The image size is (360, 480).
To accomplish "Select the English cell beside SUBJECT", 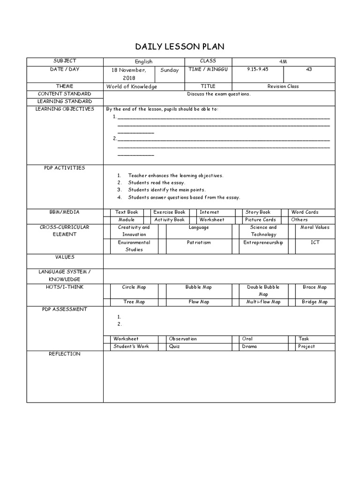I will [143, 62].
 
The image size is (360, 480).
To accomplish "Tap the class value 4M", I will [283, 62].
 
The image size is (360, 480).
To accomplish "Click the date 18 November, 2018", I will [128, 74].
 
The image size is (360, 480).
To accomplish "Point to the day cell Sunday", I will [169, 70].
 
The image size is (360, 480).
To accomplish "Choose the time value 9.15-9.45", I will [258, 69].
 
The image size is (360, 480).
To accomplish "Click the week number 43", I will [308, 69].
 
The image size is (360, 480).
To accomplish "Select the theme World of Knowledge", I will [132, 87].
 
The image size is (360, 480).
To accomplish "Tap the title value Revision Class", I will [283, 86].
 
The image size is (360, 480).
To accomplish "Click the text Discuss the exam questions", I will [219, 94].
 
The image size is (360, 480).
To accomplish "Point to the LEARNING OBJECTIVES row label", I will [65, 109].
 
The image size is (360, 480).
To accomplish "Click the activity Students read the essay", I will [157, 182].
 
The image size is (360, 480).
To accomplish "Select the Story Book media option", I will [258, 212].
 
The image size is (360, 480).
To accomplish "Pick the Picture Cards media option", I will [260, 220].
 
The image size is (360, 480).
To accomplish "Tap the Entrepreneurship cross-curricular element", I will [263, 243].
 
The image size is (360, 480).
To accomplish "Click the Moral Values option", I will [315, 227].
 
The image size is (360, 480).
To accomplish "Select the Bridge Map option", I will [315, 302].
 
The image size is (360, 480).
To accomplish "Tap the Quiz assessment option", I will [174, 347].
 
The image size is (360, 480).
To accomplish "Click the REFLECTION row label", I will [65, 354].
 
